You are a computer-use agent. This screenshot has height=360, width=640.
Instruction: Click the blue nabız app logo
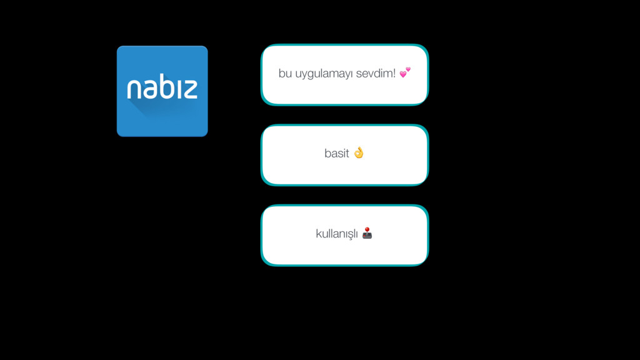162,91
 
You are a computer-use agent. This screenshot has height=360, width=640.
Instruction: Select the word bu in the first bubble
285,74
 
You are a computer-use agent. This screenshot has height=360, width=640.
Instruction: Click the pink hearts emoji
405,72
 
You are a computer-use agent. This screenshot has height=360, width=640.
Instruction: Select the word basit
336,154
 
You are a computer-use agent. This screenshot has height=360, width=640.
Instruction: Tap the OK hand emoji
358,152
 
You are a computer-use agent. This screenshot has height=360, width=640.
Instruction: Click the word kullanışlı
337,234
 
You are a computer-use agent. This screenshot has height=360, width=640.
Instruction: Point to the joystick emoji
367,233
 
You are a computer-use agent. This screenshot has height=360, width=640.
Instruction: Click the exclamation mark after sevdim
394,74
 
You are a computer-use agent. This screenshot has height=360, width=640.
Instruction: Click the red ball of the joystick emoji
367,229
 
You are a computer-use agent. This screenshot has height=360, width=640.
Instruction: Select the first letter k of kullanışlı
318,234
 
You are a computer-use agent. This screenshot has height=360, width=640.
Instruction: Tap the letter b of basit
327,153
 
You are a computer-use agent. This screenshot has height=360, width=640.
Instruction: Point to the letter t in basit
347,154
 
